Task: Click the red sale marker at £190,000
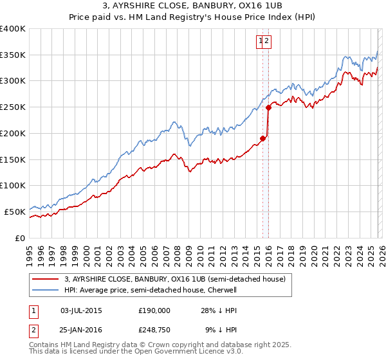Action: [262, 138]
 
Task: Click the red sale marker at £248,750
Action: [269, 107]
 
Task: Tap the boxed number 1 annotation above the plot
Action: [261, 42]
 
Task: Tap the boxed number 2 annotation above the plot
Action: [267, 42]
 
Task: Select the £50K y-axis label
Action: [15, 212]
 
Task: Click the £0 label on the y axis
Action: [20, 238]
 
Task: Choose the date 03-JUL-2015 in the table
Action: [80, 310]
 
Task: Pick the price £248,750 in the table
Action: [154, 330]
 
